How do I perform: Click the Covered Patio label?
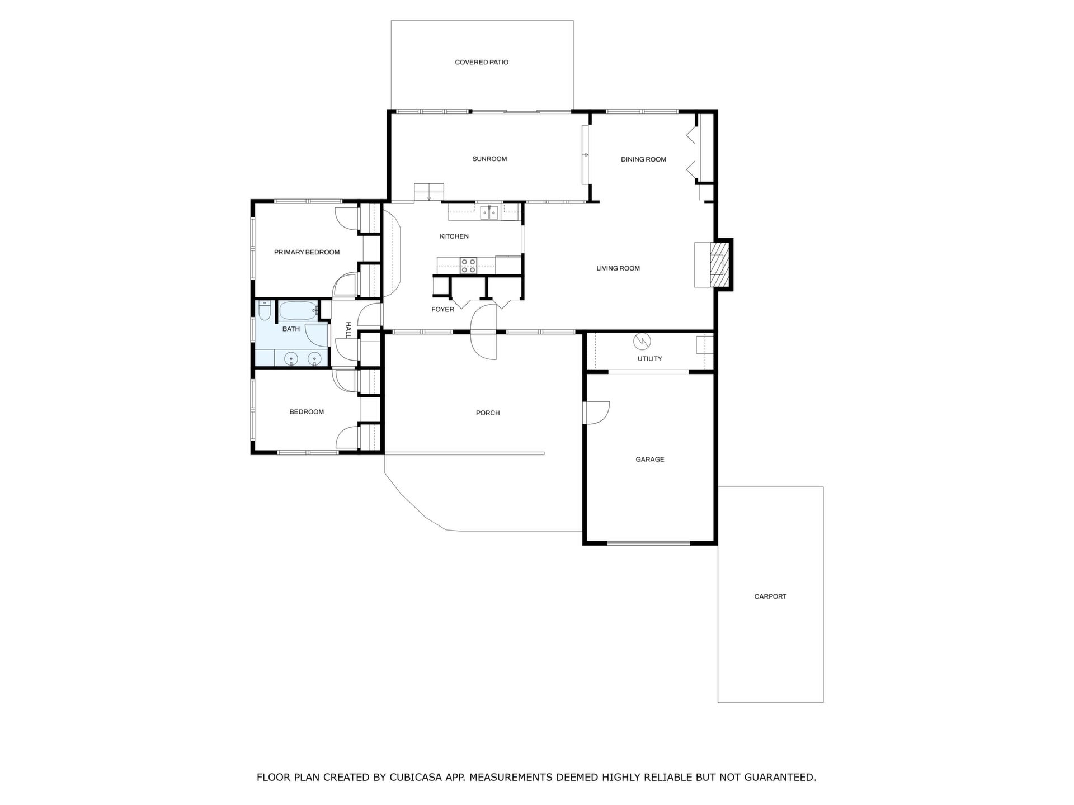point(482,62)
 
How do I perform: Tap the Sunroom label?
point(489,159)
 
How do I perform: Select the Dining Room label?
point(643,159)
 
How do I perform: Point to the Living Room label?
point(618,268)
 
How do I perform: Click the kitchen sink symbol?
point(490,212)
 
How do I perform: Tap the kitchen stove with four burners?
point(468,266)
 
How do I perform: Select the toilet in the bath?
point(265,310)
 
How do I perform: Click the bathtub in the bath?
point(299,310)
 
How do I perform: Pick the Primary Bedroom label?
point(307,252)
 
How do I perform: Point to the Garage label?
point(650,460)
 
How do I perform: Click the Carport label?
point(770,596)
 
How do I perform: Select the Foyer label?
point(442,310)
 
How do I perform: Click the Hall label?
point(348,330)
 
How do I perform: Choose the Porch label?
point(488,413)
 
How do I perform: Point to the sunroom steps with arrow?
point(428,192)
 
